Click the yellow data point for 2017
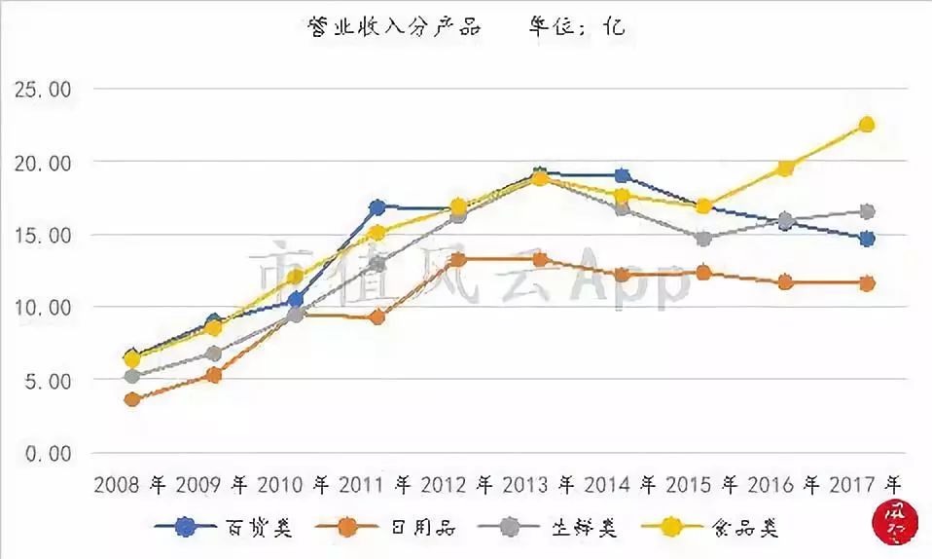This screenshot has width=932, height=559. pyautogui.click(x=866, y=125)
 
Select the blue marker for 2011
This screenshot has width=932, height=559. pyautogui.click(x=377, y=207)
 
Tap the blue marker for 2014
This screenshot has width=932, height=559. pyautogui.click(x=622, y=176)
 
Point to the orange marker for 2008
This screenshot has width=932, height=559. pyautogui.click(x=132, y=399)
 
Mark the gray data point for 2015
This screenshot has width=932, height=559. pyautogui.click(x=703, y=239)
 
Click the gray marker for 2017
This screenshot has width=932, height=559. pyautogui.click(x=866, y=211)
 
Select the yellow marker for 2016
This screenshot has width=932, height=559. pyautogui.click(x=784, y=168)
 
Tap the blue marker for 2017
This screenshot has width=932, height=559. pyautogui.click(x=866, y=239)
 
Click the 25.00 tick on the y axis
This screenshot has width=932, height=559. pyautogui.click(x=43, y=90)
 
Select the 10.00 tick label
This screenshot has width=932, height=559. pyautogui.click(x=43, y=308)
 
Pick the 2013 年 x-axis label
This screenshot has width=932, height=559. pyautogui.click(x=541, y=484)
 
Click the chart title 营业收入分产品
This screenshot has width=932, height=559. pyautogui.click(x=394, y=26)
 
